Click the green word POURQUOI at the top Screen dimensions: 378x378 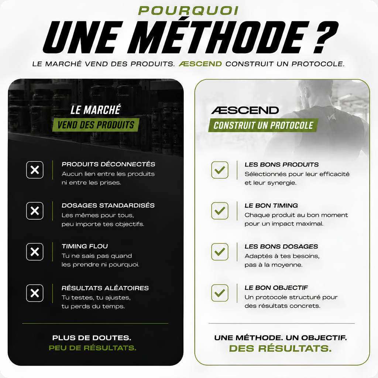(x=188, y=11)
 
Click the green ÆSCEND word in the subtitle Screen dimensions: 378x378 (x=200, y=64)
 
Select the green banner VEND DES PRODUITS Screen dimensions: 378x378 (x=96, y=125)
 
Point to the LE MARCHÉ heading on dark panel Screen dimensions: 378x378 (x=96, y=110)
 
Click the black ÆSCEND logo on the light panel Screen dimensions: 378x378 (x=245, y=110)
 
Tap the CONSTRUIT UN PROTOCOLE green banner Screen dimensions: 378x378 (x=263, y=126)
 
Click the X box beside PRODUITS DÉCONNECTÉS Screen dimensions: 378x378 (x=35, y=170)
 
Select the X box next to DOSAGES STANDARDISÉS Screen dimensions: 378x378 (x=35, y=211)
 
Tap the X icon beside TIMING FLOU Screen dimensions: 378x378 (x=35, y=252)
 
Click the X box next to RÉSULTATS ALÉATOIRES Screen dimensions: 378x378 (x=35, y=293)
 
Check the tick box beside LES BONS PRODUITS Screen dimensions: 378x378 (x=220, y=170)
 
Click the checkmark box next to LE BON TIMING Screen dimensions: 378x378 (x=220, y=211)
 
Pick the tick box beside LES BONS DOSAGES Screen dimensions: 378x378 (x=220, y=252)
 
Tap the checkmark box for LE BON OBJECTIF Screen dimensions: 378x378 (x=220, y=293)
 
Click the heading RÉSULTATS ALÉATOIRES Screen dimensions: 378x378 (x=105, y=288)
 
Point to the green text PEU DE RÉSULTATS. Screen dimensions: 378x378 (x=93, y=348)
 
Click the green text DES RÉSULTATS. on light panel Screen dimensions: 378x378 (x=281, y=348)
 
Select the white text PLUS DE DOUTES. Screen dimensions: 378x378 (x=92, y=338)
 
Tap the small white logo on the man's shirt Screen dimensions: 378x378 (x=330, y=117)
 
